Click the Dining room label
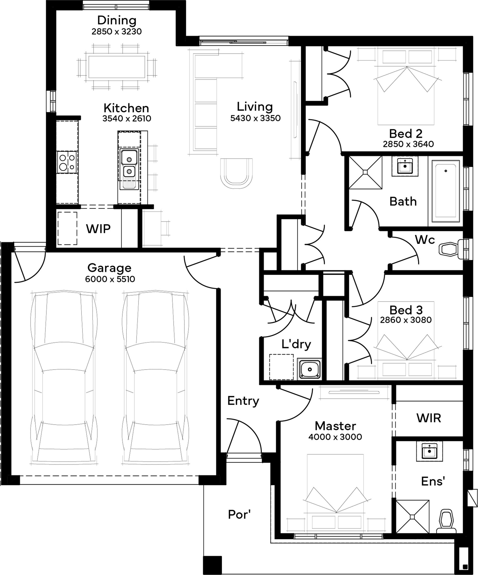[x=117, y=21]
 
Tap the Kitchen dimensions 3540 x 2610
[x=127, y=118]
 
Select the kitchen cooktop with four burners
[x=67, y=162]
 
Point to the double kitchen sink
[x=129, y=164]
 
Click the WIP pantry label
[x=98, y=229]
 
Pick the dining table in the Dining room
[x=117, y=67]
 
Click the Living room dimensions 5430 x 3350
[x=255, y=118]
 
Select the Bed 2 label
[x=406, y=134]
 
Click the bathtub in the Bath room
[x=445, y=191]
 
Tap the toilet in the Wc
[x=449, y=249]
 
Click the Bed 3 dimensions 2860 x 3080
[x=406, y=320]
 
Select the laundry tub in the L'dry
[x=310, y=369]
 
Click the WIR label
[x=429, y=418]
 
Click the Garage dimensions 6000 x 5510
[x=110, y=279]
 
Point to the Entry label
[x=243, y=401]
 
